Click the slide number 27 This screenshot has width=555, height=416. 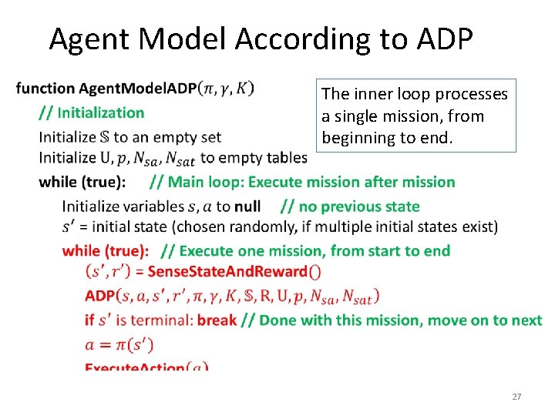coord(516,397)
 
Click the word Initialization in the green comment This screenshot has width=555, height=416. coord(101,112)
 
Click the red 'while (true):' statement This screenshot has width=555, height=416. coord(105,251)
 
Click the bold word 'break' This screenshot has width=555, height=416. coord(217,320)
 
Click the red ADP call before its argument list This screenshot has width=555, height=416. coord(100,295)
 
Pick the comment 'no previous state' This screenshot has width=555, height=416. coord(359,206)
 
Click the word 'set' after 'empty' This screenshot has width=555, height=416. coord(210,137)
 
